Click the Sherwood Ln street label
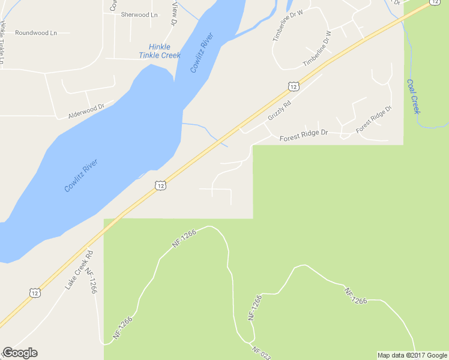(x=139, y=14)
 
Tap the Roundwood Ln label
(x=36, y=32)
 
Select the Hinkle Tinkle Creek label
(x=159, y=51)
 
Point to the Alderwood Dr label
(x=86, y=110)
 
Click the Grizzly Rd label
(x=279, y=110)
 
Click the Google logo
(x=20, y=353)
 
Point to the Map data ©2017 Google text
(x=412, y=355)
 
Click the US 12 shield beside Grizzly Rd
(x=293, y=87)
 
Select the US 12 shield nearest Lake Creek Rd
(x=34, y=292)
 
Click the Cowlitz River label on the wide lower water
(x=81, y=175)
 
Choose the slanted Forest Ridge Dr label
(x=373, y=120)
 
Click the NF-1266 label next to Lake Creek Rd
(x=91, y=280)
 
